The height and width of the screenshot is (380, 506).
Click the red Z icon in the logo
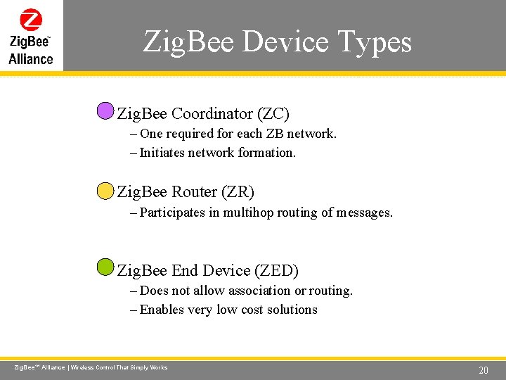click(x=31, y=20)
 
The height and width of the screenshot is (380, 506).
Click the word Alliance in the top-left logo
click(x=31, y=58)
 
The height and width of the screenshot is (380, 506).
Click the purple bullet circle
click(x=105, y=111)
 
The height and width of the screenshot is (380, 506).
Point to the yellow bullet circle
click(x=105, y=190)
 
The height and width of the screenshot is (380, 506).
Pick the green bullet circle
click(x=105, y=267)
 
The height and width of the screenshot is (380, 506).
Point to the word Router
click(x=194, y=191)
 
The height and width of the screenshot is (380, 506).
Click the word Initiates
click(x=162, y=152)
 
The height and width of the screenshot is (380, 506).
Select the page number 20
click(x=483, y=370)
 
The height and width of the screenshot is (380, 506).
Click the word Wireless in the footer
click(x=85, y=368)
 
